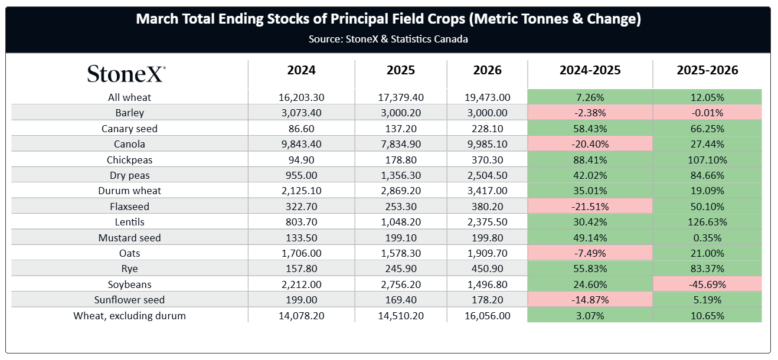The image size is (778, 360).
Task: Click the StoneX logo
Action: point(126,73)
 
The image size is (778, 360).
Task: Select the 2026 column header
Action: point(488,70)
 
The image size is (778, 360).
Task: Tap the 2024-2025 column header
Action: point(590,70)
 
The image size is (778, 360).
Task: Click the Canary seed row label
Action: point(129,129)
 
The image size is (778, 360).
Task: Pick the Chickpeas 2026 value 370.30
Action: point(488,160)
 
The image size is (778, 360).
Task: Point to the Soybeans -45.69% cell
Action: point(707,284)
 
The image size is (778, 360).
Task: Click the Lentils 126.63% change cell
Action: point(707,222)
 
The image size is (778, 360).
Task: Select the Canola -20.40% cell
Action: point(590,144)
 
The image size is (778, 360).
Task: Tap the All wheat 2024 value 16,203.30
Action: point(301,97)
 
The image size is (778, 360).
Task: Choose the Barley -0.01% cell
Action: point(707,113)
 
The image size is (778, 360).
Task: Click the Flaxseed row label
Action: point(129,207)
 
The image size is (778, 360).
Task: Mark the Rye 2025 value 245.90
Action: point(401,269)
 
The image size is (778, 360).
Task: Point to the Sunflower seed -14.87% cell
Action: point(590,300)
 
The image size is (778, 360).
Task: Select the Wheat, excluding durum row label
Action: point(129,316)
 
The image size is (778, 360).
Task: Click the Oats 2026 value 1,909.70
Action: point(488,253)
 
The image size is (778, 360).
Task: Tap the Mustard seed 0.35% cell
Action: point(707,238)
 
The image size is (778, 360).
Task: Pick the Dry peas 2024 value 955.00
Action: point(301,175)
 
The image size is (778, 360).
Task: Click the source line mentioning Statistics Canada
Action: point(388,39)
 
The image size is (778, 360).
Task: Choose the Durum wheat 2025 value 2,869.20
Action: point(401,191)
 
